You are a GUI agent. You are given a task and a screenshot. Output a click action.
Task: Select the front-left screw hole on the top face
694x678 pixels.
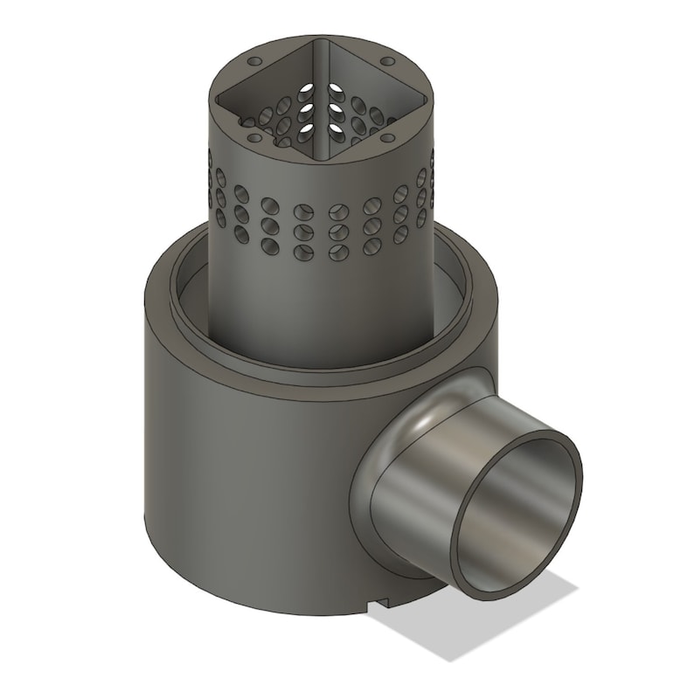253,137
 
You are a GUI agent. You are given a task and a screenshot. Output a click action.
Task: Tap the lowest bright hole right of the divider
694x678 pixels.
336,128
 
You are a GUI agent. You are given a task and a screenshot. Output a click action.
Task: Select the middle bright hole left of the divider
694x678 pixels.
307,109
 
